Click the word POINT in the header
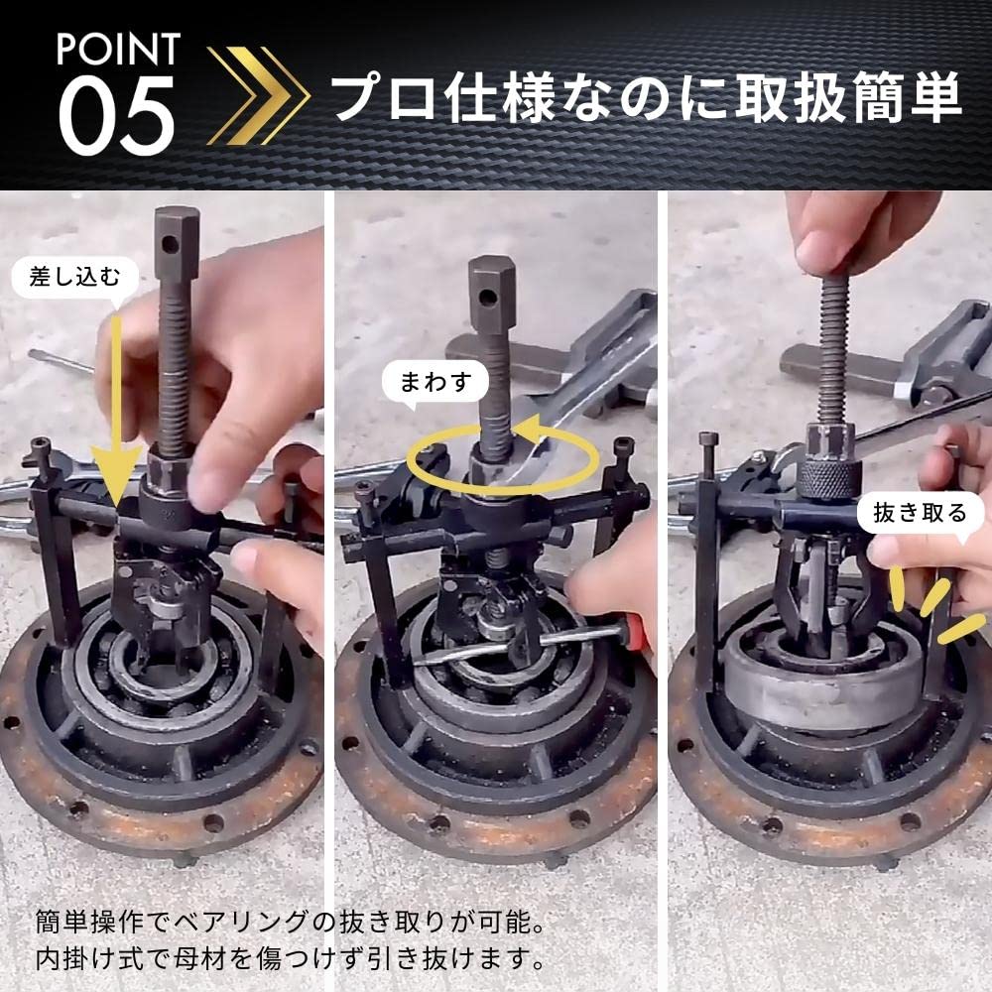click(x=118, y=48)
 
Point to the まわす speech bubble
click(x=434, y=381)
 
